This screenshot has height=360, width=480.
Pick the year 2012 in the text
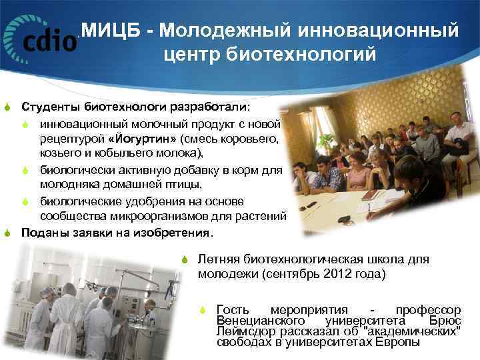(348, 273)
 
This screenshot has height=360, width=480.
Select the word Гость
(233, 310)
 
